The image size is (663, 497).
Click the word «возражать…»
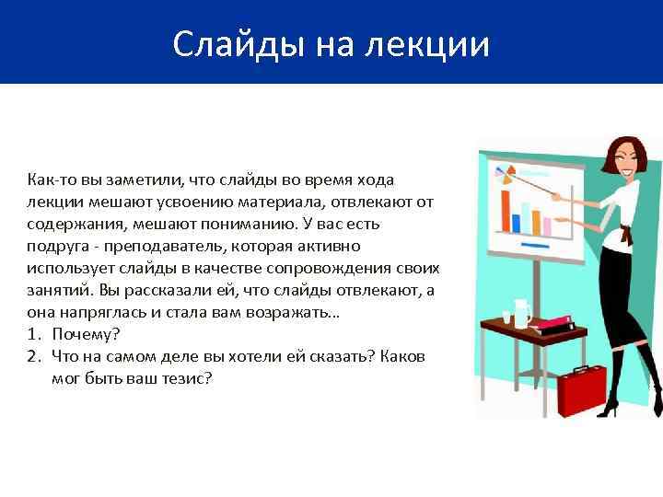[297, 312]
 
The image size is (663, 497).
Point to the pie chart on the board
[504, 171]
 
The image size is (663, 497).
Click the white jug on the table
[521, 313]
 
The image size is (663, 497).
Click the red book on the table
[550, 323]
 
